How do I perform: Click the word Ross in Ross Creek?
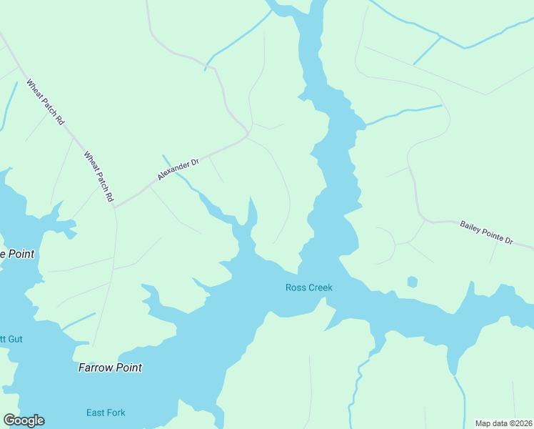[x=296, y=288]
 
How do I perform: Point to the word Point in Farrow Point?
[x=129, y=368]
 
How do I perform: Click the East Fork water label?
[x=106, y=413]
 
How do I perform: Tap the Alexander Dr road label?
[x=178, y=169]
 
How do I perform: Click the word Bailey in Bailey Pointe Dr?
[x=471, y=227]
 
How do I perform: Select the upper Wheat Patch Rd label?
[x=46, y=102]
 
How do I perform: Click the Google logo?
[x=24, y=420]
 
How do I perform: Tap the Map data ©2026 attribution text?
[x=504, y=423]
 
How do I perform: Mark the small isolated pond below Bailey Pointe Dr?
[x=412, y=282]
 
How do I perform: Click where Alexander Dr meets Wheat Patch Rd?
[x=114, y=207]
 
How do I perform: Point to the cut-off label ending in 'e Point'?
[x=17, y=254]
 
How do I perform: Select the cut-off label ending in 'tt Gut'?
[x=11, y=338]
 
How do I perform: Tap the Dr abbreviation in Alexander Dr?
[x=193, y=162]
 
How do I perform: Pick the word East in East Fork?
[x=96, y=413]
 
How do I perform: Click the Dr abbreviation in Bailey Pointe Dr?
[x=509, y=241]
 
